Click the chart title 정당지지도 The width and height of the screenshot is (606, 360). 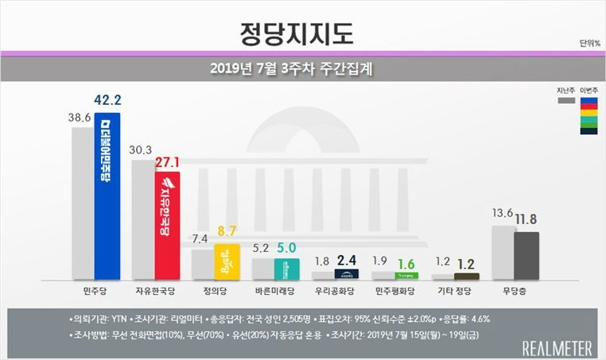(297, 33)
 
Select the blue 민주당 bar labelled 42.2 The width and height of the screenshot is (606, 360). (107, 199)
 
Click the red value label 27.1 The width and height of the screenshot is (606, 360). (168, 163)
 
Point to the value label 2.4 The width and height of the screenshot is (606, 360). (347, 258)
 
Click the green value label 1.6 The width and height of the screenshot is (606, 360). (406, 263)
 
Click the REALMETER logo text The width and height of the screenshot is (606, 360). (557, 346)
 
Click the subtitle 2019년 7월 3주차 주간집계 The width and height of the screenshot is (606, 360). (292, 68)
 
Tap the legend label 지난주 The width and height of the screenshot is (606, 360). (566, 91)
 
